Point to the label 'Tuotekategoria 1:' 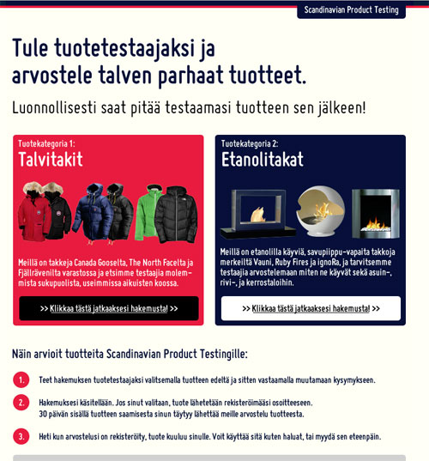(x=47, y=143)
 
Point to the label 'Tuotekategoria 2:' (x=250, y=143)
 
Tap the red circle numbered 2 (x=21, y=402)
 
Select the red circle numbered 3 (x=21, y=436)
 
